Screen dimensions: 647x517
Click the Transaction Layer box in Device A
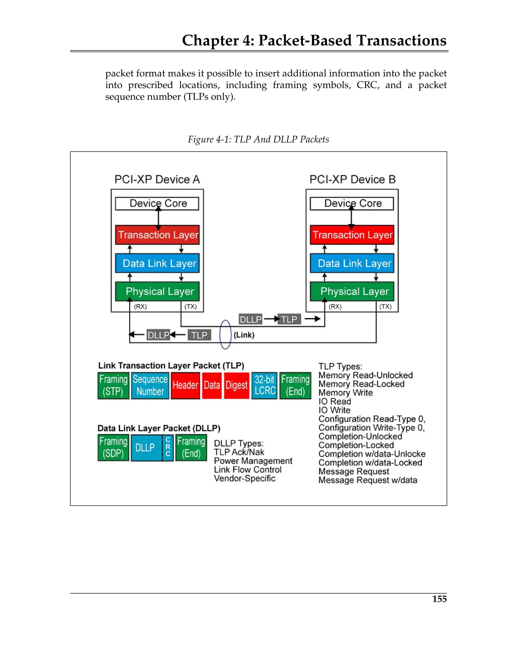click(157, 235)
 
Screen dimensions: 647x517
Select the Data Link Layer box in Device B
click(352, 263)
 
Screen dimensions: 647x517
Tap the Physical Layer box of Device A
click(157, 291)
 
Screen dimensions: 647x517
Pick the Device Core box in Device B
click(352, 203)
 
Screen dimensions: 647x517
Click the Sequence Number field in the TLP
click(150, 385)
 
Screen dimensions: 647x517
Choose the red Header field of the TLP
click(185, 385)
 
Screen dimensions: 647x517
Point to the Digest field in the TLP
click(237, 385)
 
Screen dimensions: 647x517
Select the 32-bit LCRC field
click(265, 385)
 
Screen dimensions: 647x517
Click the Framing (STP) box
click(113, 385)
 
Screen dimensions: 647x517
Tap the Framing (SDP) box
click(113, 447)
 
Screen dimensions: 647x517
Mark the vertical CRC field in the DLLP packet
click(168, 447)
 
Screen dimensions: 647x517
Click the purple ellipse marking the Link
click(225, 334)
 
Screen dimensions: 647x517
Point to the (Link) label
click(244, 335)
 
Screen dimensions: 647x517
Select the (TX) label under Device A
click(190, 306)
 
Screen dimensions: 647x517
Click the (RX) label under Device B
click(335, 306)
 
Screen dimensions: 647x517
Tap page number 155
click(439, 599)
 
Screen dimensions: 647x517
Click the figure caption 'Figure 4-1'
click(258, 139)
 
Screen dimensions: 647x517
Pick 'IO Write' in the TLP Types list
click(334, 410)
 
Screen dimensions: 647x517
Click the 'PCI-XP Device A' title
click(157, 179)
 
